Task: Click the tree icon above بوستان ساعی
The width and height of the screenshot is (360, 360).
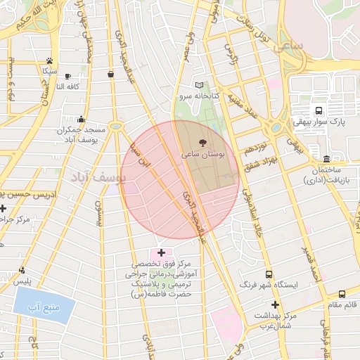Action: pos(203,142)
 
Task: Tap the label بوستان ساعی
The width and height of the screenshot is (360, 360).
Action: pos(202,153)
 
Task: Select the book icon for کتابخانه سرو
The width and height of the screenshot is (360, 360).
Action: pos(198,85)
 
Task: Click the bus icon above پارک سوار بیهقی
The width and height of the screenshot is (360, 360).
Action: pos(319,110)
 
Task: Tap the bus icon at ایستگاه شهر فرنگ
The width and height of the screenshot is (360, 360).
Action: pos(268,274)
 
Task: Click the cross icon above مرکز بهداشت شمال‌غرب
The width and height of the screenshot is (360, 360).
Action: pos(275,304)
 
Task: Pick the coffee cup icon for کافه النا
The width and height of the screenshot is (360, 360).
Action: pos(67,76)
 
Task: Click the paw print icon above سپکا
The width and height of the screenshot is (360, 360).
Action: pos(49,60)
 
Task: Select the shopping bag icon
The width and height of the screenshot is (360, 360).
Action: pos(110,73)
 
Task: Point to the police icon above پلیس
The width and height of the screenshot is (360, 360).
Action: pos(22,270)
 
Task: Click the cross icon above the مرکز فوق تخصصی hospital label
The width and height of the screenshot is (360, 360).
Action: pos(161,252)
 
